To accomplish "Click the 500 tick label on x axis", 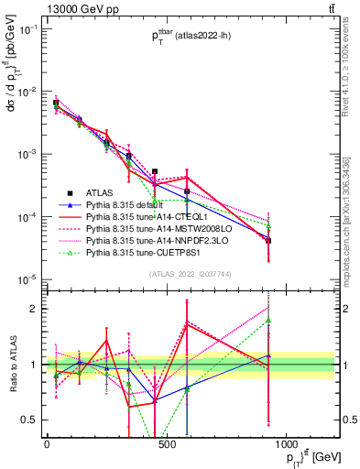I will click(166, 444).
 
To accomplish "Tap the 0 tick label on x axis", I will click(47, 444).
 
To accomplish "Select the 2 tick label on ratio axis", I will click(30, 309).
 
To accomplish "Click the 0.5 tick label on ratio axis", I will click(27, 420).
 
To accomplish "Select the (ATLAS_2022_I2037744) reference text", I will click(190, 274).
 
